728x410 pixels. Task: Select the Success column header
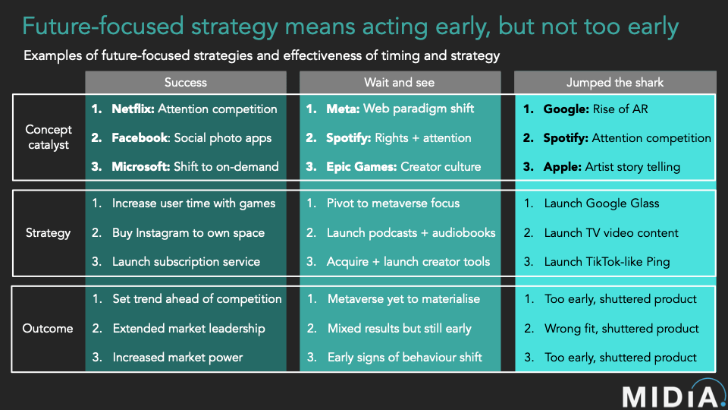point(185,82)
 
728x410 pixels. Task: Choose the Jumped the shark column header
point(614,82)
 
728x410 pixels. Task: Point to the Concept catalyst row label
point(49,137)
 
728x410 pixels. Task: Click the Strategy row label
point(49,232)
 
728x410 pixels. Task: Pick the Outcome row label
point(49,328)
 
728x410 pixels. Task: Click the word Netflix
point(133,109)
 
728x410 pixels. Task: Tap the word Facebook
point(140,138)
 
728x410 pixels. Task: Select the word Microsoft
point(141,167)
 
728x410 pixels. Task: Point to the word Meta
point(343,109)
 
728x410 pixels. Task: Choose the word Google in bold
point(565,109)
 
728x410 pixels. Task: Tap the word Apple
point(562,167)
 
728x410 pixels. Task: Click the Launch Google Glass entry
point(601,203)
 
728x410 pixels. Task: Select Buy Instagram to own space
point(188,232)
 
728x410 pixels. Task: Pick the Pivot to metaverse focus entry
point(393,203)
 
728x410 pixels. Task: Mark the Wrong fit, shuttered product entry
point(620,328)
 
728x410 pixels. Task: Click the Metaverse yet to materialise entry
point(403,299)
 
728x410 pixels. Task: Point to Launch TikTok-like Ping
point(607,261)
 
